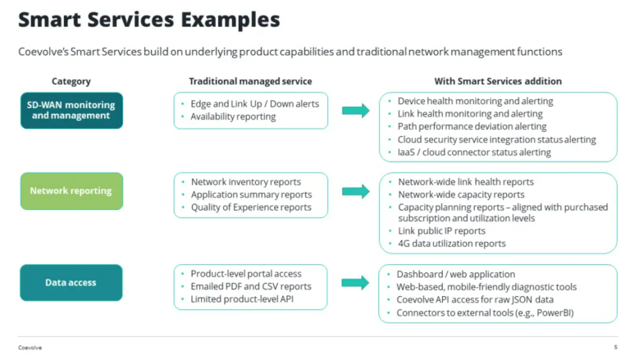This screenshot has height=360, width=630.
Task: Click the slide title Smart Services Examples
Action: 148,19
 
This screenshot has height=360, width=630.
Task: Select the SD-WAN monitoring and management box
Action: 71,110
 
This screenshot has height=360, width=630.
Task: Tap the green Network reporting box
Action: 71,191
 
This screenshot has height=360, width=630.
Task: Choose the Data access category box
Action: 71,282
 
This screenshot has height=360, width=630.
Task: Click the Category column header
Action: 71,81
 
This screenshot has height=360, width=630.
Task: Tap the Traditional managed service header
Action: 250,81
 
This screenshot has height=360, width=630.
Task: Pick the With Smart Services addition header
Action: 498,81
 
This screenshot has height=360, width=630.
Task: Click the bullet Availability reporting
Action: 233,116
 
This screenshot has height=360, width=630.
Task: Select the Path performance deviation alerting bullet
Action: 472,126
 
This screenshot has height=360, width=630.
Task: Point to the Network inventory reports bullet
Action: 245,181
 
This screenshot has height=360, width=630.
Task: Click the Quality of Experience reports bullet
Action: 251,207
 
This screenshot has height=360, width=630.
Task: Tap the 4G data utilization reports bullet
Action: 451,244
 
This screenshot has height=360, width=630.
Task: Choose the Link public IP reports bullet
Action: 441,231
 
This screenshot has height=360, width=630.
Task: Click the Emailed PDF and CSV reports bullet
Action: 251,286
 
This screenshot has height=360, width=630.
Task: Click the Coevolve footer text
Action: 30,348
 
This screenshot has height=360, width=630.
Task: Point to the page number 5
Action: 615,348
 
